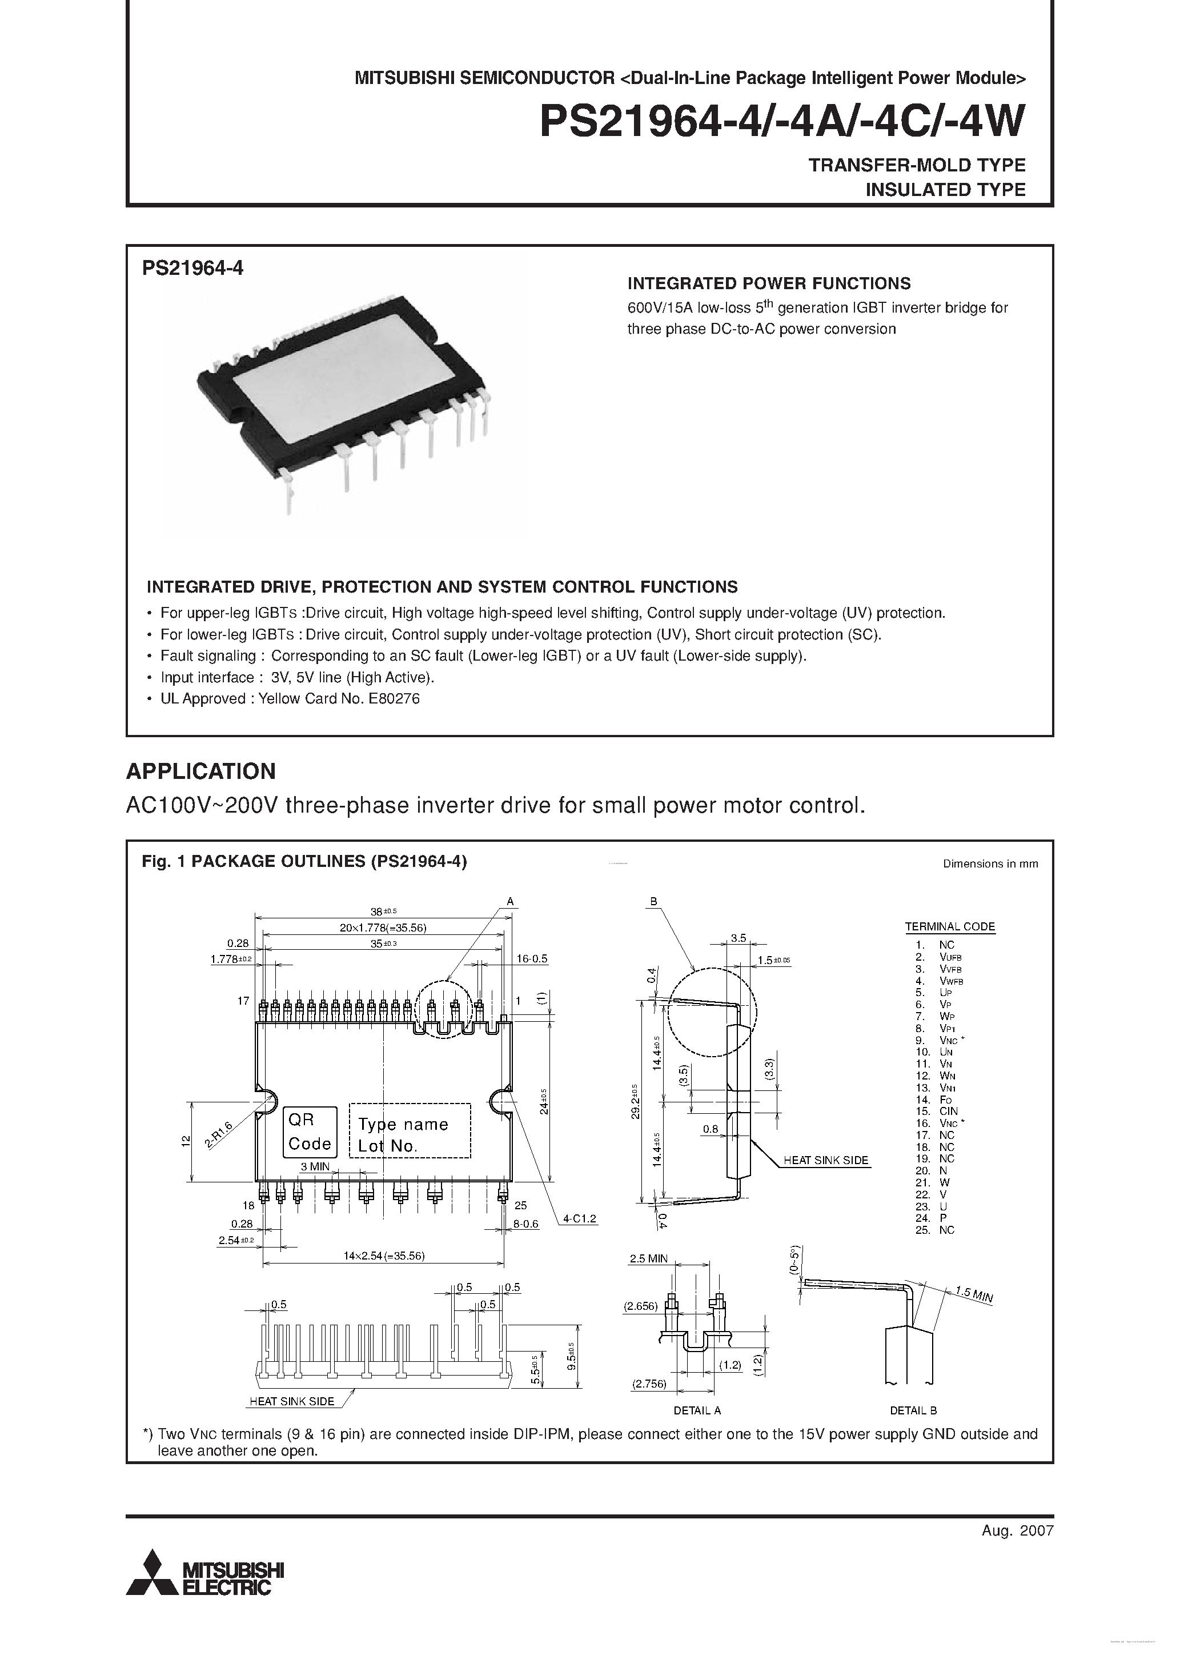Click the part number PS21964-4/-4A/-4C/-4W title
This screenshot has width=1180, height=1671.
tap(783, 122)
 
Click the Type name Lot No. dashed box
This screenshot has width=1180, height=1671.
tap(410, 1131)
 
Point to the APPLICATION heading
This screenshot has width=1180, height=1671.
tap(201, 771)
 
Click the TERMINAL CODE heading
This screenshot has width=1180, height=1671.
tap(949, 926)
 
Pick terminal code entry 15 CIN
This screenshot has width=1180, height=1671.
tap(937, 1112)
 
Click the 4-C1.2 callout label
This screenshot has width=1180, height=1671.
tap(579, 1218)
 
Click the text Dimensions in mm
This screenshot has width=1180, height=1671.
tap(990, 864)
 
